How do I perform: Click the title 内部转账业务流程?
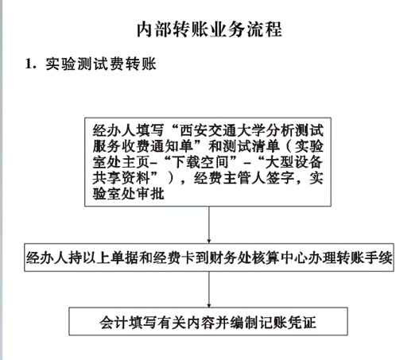(x=209, y=29)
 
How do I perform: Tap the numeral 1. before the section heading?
(x=30, y=64)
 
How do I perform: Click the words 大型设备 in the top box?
(x=293, y=162)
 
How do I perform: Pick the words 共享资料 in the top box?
(x=121, y=178)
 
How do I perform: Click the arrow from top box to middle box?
(x=209, y=225)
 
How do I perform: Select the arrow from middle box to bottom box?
(x=209, y=289)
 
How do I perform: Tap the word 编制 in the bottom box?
(x=246, y=322)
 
